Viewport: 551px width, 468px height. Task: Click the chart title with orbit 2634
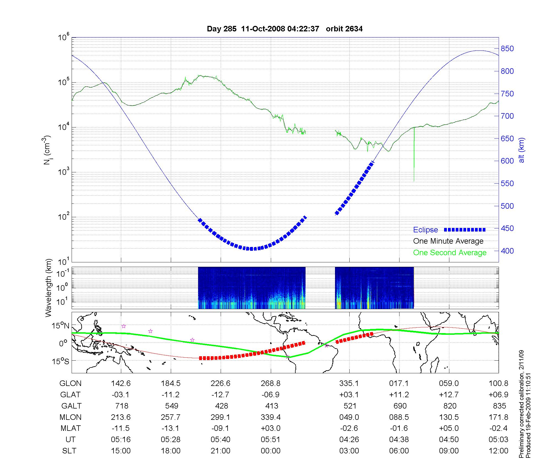[x=285, y=29]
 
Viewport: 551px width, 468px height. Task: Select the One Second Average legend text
[x=450, y=253]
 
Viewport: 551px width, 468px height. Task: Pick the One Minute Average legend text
[x=448, y=241]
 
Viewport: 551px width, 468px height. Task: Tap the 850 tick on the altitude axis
[x=507, y=49]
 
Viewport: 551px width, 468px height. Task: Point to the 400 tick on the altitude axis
[x=507, y=251]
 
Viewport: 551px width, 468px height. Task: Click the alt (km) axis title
[x=522, y=150]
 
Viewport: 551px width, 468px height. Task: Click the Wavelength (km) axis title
[x=49, y=288]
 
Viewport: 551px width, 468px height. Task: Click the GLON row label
[x=71, y=383]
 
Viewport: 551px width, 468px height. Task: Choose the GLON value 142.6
[x=121, y=383]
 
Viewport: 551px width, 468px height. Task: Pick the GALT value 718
[x=121, y=406]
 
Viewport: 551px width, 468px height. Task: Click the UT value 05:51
[x=271, y=440]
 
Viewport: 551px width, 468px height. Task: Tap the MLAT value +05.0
[x=449, y=428]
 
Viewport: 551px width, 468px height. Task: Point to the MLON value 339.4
[x=271, y=417]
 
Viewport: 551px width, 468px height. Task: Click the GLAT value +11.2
[x=399, y=395]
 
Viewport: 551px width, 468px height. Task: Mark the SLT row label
[x=69, y=451]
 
